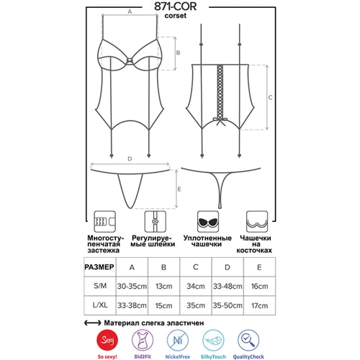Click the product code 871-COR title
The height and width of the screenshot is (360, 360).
point(175,6)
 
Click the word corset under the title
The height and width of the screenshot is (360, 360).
point(176,16)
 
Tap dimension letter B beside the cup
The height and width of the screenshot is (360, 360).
point(178,53)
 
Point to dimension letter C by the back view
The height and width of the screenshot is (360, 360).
point(271,97)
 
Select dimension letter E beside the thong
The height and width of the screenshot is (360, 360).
point(179,189)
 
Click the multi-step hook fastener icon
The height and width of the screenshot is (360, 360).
point(104,222)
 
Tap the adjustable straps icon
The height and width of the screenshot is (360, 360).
point(155,222)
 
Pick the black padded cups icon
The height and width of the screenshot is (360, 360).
point(208,222)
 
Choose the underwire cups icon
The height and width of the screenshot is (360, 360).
point(257,222)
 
